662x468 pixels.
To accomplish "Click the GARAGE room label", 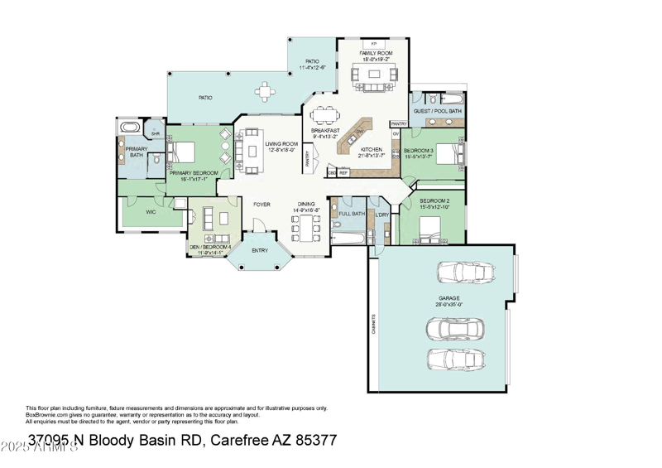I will tap(449, 298).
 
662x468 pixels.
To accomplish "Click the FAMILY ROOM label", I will tap(374, 53).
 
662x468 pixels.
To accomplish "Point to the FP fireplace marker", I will tap(374, 43).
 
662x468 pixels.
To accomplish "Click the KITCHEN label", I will tap(369, 151).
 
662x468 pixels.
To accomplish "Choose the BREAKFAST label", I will tap(325, 131).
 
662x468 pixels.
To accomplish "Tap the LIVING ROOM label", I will tap(281, 144).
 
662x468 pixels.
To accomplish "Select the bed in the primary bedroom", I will tap(183, 152).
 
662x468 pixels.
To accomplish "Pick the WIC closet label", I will tap(151, 212).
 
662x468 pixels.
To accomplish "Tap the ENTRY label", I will tap(260, 251).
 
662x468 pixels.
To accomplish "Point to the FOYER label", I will tap(261, 204).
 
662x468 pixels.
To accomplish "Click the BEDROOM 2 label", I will tap(434, 201).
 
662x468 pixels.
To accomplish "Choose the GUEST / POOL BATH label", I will tap(438, 110).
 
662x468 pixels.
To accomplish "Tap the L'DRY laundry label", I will tap(381, 216).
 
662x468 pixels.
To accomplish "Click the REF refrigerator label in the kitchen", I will tap(343, 172).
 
